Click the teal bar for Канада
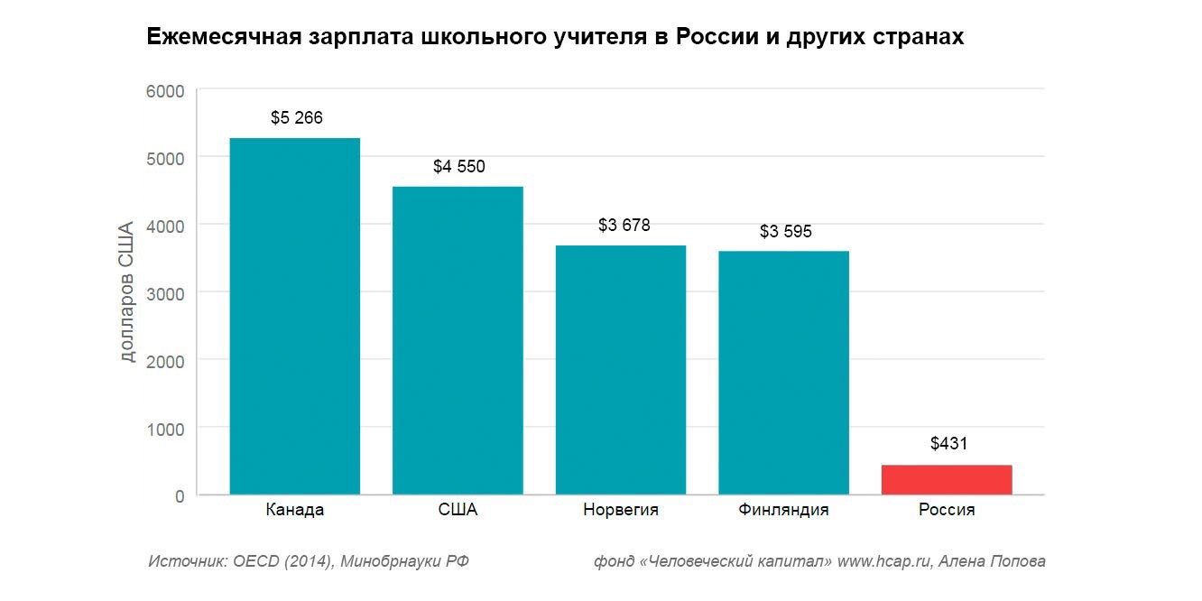295,316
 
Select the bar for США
458,340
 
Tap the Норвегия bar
621,370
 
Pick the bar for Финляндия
783,373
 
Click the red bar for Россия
947,479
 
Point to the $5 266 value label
296,117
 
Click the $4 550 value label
458,166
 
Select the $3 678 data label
624,225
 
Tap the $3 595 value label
785,231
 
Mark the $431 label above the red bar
948,443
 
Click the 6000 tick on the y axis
165,91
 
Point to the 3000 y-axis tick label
165,293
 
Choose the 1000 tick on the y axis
165,429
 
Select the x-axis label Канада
295,510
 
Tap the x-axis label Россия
947,510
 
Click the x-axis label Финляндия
783,510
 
